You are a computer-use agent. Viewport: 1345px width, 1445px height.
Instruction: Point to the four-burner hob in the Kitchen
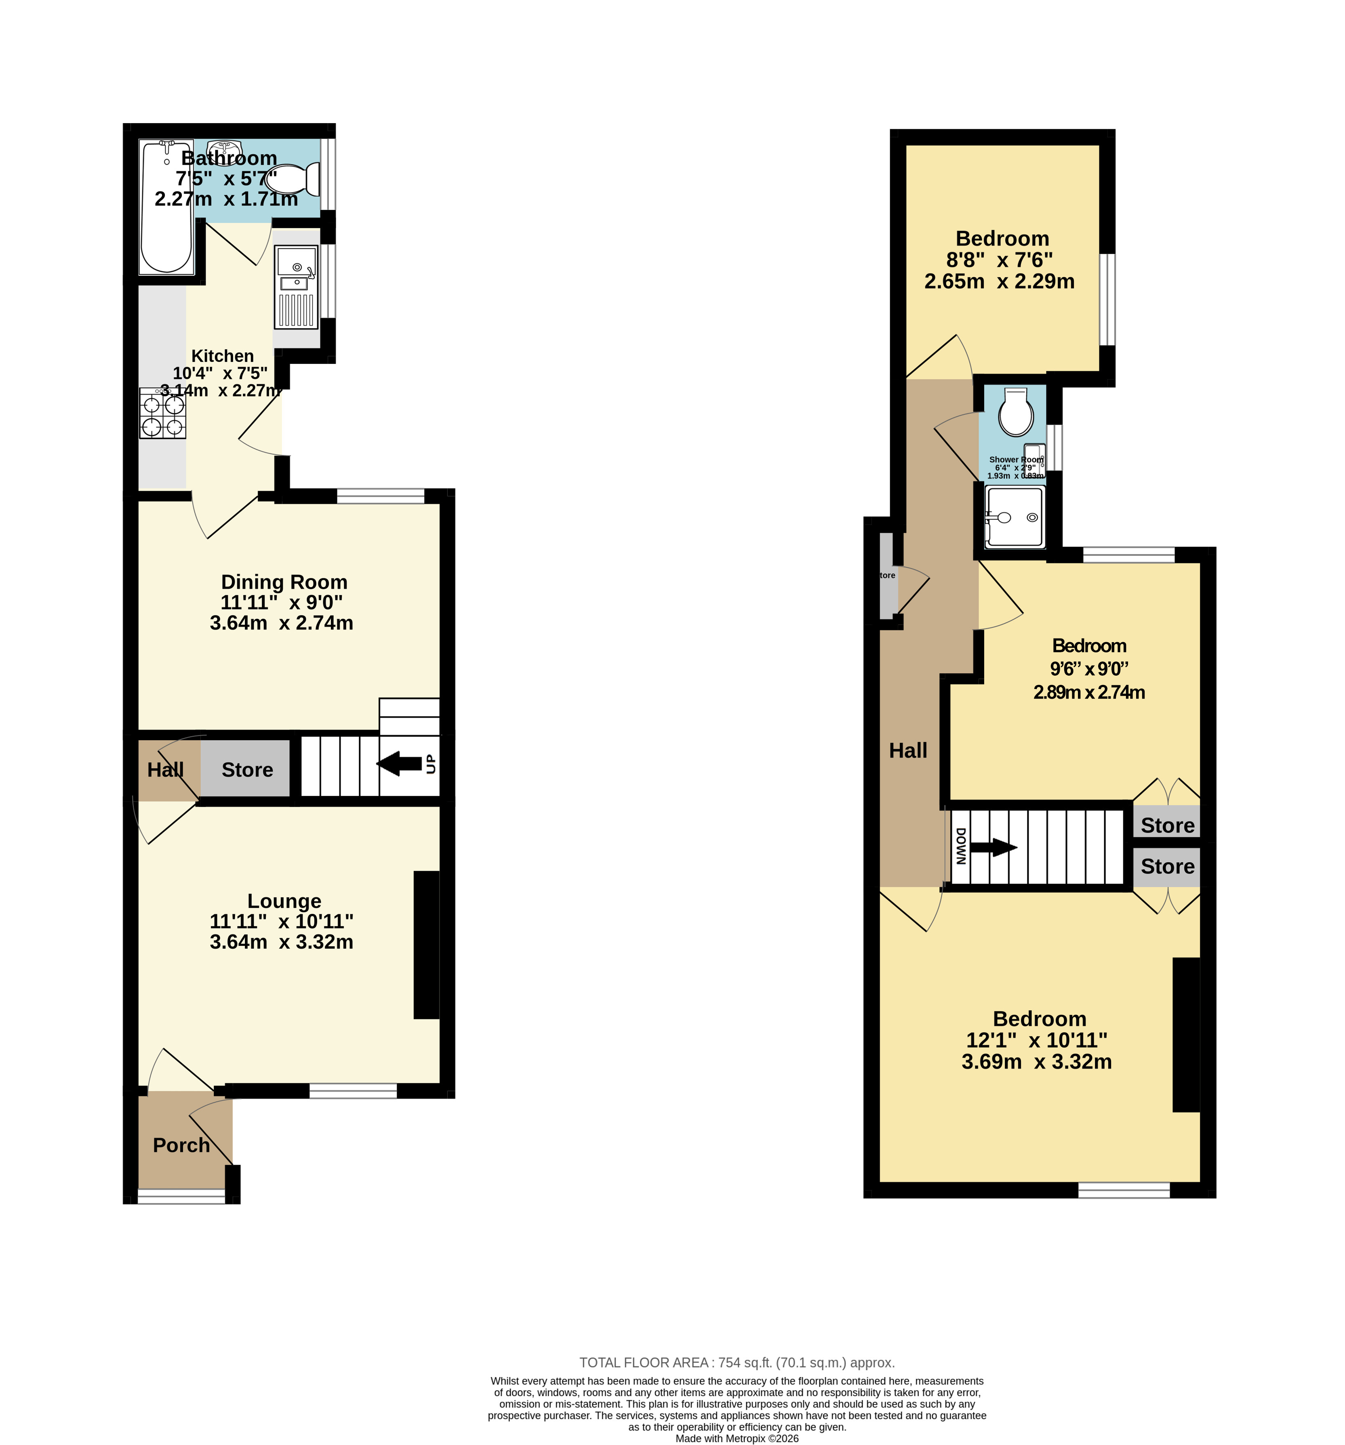(x=163, y=413)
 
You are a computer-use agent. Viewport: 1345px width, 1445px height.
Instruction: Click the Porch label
(x=181, y=1145)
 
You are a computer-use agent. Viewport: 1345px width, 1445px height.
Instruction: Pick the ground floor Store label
(x=247, y=770)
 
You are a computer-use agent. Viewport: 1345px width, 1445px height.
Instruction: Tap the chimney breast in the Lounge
(x=427, y=945)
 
